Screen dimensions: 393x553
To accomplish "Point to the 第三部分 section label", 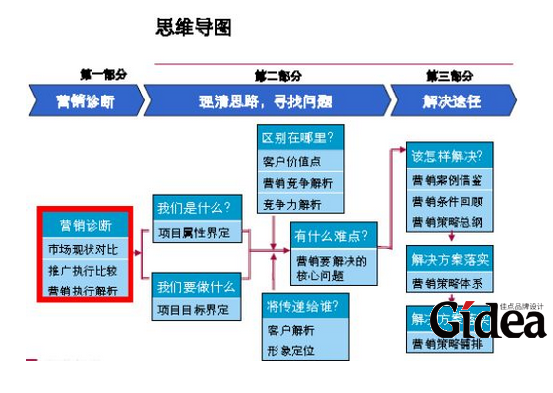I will (450, 75).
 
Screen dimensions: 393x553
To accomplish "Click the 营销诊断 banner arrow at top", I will (87, 100).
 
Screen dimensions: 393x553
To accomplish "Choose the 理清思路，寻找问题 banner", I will (266, 100).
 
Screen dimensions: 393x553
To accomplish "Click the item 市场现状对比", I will (82, 248).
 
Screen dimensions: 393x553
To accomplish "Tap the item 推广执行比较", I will (82, 269).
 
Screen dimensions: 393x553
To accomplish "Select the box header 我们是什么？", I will (194, 209).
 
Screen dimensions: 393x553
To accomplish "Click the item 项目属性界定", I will (194, 231).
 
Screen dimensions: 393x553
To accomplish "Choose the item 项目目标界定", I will (194, 310).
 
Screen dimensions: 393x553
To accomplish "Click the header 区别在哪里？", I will (297, 136).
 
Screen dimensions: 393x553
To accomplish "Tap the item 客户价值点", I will (289, 161).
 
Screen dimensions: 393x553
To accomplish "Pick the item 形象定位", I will (289, 349).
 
